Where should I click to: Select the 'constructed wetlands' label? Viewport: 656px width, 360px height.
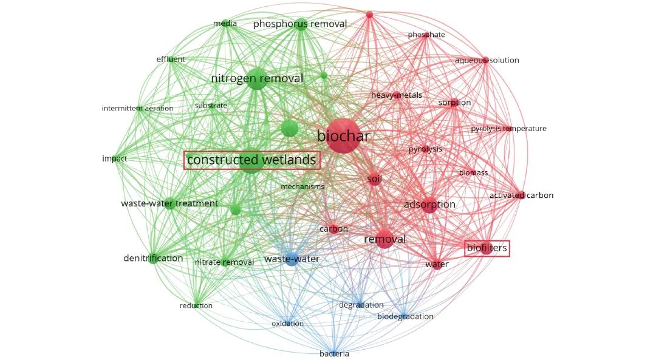251,160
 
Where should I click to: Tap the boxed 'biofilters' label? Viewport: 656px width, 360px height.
487,248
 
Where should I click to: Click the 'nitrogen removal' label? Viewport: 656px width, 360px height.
257,78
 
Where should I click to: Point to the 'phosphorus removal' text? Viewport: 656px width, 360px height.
300,24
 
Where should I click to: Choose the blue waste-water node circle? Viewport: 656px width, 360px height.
292,259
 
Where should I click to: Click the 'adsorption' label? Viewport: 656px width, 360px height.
429,205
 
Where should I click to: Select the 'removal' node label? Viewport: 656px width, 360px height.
384,239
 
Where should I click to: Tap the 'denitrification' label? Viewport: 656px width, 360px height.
153,258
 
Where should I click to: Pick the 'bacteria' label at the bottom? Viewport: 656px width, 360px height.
335,353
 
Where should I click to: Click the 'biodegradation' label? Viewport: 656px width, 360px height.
405,316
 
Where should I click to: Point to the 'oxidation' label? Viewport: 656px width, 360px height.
287,324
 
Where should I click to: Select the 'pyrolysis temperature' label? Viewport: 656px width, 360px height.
508,129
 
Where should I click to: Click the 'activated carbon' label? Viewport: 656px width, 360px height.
521,195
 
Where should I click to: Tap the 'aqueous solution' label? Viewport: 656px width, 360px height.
487,60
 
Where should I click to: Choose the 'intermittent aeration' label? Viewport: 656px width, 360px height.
137,109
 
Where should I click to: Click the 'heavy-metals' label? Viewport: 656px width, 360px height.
397,95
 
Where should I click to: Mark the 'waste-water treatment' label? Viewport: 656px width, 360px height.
169,203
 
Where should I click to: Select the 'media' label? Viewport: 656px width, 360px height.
225,24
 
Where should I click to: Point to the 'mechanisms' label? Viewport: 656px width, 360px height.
302,186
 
